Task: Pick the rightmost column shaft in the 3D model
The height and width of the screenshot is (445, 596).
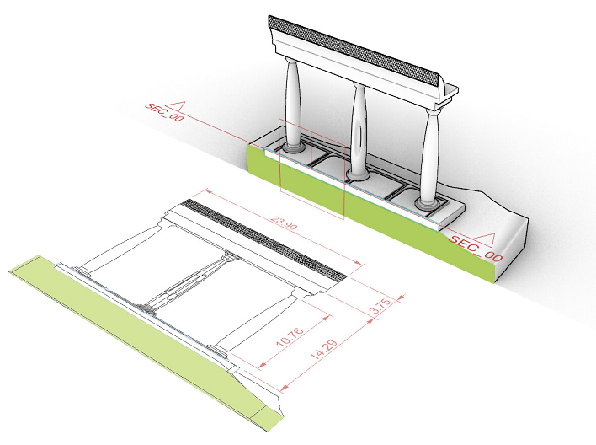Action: tap(431, 152)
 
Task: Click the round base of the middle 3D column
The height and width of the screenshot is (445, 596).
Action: tap(358, 174)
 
